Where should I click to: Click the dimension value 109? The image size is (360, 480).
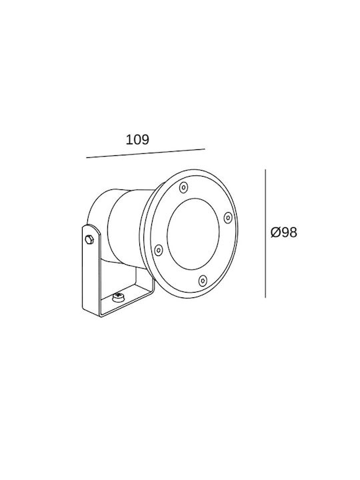[x=137, y=139]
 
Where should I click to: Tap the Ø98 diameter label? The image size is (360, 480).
[x=284, y=233]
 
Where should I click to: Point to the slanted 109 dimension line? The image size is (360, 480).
[x=145, y=153]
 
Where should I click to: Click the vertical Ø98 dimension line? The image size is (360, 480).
[x=265, y=233]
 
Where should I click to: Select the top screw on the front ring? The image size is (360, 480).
[x=184, y=187]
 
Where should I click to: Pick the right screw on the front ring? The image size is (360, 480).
[x=228, y=218]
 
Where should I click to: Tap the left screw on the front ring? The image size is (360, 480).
[x=158, y=250]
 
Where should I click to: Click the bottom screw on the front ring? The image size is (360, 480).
[x=203, y=281]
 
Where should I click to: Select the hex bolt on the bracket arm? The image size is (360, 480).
[x=89, y=239]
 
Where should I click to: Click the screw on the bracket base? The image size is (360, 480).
[x=119, y=297]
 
